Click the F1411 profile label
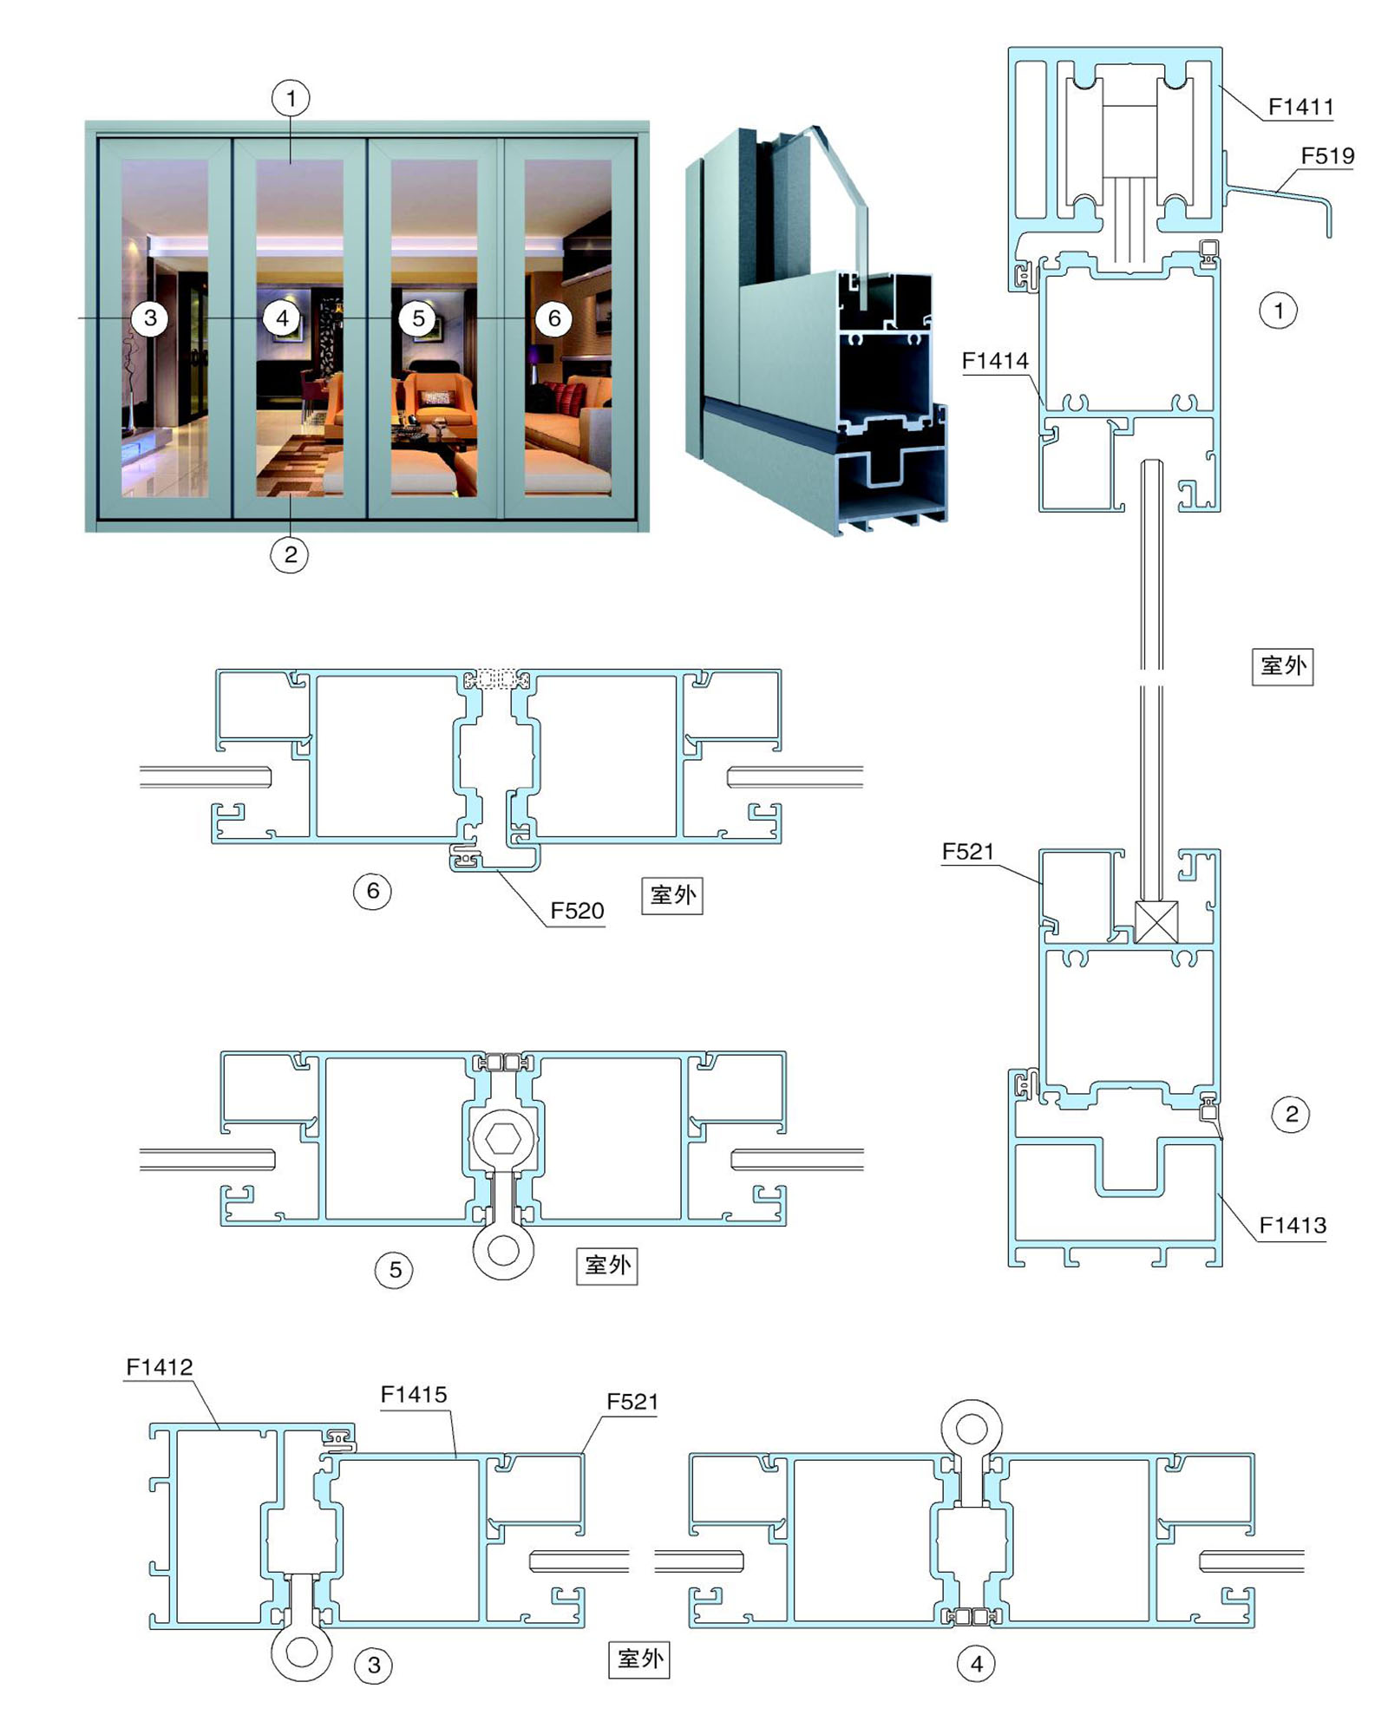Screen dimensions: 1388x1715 pos(1300,107)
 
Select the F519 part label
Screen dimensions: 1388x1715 pos(1326,156)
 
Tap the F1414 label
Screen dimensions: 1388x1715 pos(994,361)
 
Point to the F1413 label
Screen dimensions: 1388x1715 pos(1292,1225)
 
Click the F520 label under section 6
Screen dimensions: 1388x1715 pos(577,911)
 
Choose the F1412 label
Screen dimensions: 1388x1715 pos(159,1366)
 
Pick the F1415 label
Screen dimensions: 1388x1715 pos(414,1394)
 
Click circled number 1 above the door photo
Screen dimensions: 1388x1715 pos(291,98)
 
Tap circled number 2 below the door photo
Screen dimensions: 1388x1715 pos(290,554)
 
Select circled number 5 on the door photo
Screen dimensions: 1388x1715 pos(418,318)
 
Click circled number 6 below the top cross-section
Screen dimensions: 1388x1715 pos(372,891)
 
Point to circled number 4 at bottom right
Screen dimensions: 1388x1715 pos(976,1663)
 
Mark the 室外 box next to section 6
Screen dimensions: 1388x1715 pos(672,895)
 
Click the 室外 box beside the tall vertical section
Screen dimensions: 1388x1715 pos(1282,666)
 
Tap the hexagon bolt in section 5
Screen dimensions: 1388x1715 pos(504,1138)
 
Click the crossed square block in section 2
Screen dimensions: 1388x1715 pos(1156,921)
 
